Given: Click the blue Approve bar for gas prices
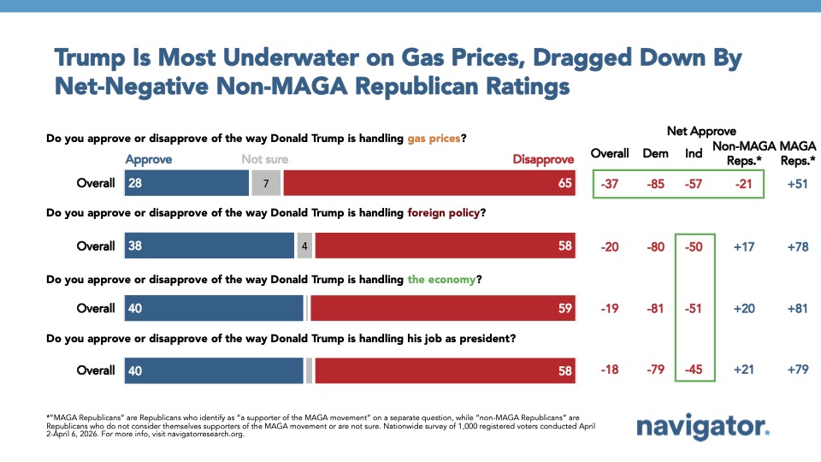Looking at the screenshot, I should [186, 184].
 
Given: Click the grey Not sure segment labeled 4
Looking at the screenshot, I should [303, 246].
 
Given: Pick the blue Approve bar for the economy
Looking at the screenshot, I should [215, 308].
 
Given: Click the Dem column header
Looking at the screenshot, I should [655, 153].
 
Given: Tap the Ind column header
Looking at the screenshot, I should [694, 153].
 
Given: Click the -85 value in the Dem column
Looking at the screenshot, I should [655, 184].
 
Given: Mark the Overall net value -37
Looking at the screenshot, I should [611, 184].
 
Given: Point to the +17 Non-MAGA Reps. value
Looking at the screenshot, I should [742, 246].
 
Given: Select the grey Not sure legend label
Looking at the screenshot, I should [264, 159].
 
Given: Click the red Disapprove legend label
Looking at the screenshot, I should [543, 159].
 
